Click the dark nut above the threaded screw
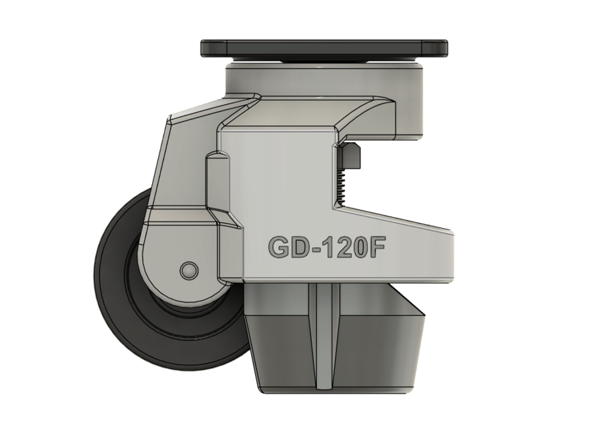click(352, 156)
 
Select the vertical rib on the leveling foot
click(323, 336)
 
